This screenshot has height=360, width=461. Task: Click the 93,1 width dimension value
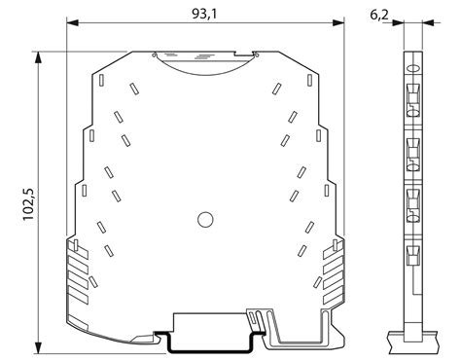pyautogui.click(x=204, y=14)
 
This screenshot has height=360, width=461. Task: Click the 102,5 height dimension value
pyautogui.click(x=28, y=204)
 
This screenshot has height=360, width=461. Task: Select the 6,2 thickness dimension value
pyautogui.click(x=379, y=15)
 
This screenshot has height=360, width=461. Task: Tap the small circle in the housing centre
pyautogui.click(x=205, y=220)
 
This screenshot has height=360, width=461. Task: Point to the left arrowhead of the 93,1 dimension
pyautogui.click(x=73, y=22)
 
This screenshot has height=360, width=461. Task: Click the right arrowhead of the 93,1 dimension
pyautogui.click(x=337, y=22)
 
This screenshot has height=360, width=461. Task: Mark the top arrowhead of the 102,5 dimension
pyautogui.click(x=39, y=57)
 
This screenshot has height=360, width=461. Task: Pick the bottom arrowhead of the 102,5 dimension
pyautogui.click(x=39, y=347)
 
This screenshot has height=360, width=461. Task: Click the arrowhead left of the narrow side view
pyautogui.click(x=398, y=22)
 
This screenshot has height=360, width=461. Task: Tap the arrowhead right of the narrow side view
pyautogui.click(x=428, y=22)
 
